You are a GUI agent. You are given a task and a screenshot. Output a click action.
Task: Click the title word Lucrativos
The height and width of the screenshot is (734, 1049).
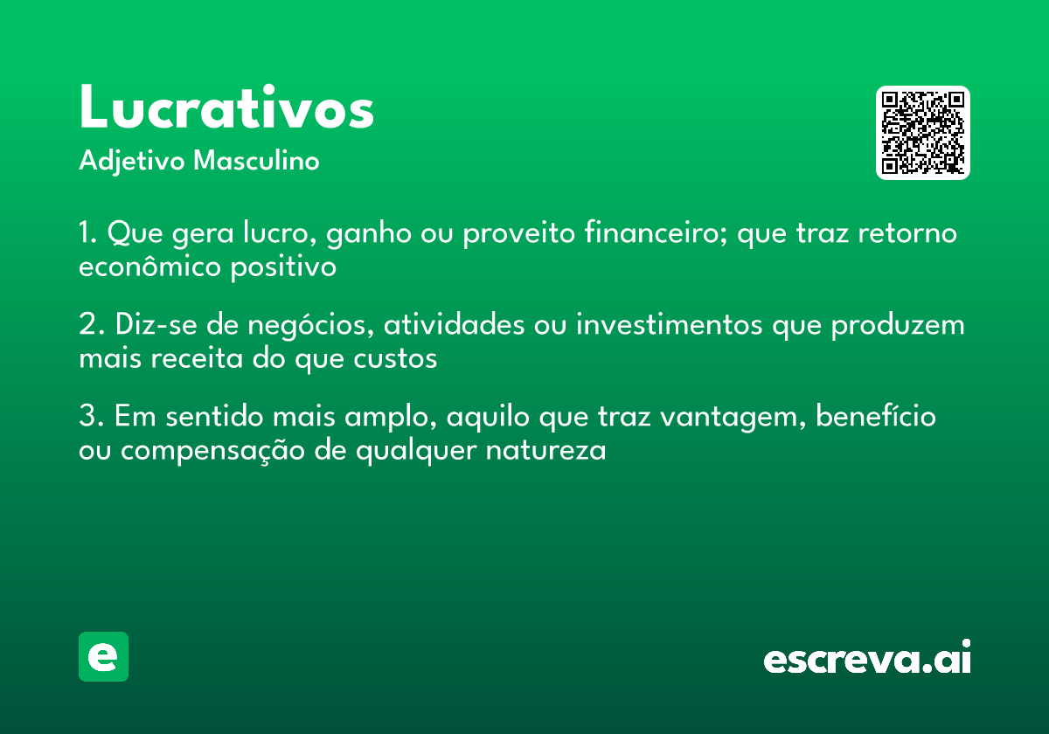226,108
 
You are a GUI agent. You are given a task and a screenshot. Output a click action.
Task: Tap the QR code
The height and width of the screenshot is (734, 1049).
922,133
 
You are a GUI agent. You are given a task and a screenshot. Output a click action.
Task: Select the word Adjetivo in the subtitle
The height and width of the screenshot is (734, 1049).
132,162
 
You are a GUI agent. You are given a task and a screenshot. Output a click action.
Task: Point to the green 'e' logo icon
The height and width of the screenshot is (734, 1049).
103,656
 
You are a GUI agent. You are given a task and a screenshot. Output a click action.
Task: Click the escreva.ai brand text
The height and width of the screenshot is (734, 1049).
867,659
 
